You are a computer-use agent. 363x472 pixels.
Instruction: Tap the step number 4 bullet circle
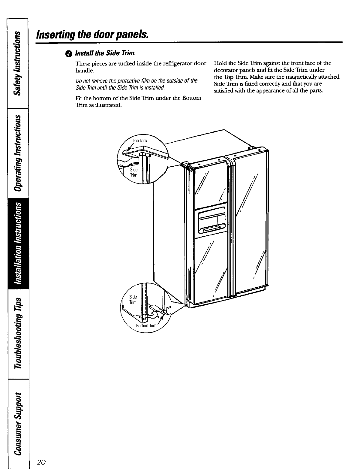[70, 54]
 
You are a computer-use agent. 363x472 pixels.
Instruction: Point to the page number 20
[41, 462]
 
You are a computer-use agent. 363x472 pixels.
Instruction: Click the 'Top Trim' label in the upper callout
[139, 141]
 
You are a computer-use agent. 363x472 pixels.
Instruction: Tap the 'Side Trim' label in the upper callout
[133, 172]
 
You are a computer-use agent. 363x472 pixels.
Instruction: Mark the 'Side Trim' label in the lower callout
[133, 299]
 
